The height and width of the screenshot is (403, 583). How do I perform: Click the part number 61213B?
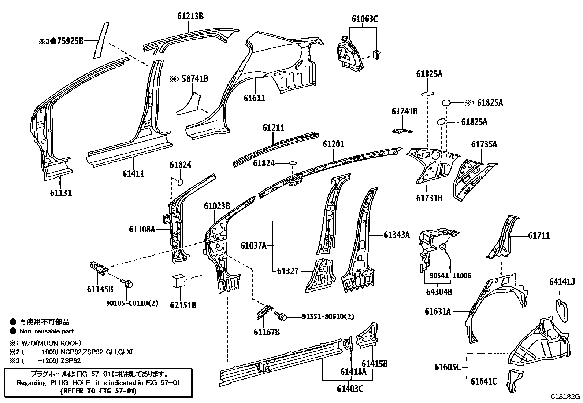point(190,16)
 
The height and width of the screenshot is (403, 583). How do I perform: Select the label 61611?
point(254,98)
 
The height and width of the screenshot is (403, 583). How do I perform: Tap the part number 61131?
point(60,193)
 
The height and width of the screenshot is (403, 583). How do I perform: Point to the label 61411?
point(133,173)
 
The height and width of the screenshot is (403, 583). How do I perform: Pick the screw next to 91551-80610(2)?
point(283,315)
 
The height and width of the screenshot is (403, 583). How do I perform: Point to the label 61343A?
point(397,235)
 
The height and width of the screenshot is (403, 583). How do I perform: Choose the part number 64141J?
point(562,281)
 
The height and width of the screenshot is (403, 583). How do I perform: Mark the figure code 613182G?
point(566,396)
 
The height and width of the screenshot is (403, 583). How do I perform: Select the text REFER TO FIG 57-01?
point(98,391)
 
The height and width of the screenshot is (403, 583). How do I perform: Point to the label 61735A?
point(484,144)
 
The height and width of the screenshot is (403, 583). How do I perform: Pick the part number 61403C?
point(350,388)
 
